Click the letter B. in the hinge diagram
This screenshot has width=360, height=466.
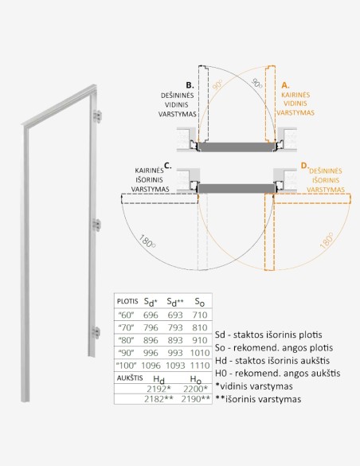pos(190,84)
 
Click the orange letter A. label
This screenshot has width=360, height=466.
pos(286,84)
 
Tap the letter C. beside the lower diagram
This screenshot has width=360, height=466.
pos(167,166)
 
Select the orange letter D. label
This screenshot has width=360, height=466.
pos(303,166)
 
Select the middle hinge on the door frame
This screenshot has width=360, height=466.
pos(97,225)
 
